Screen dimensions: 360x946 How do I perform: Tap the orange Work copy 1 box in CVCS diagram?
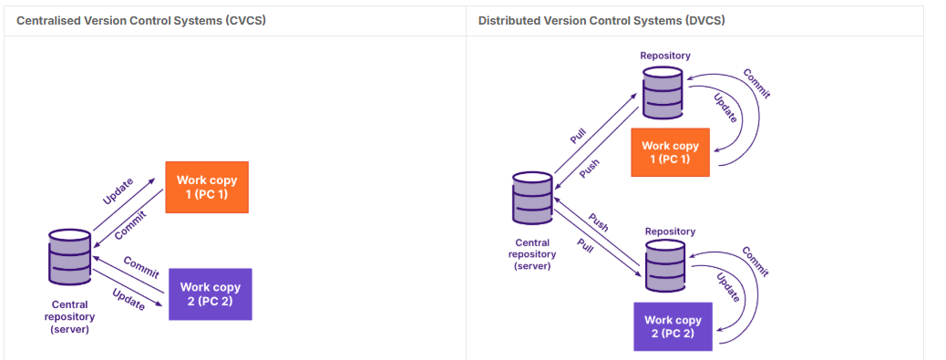(x=207, y=187)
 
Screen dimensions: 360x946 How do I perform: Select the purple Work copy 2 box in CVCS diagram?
(x=210, y=293)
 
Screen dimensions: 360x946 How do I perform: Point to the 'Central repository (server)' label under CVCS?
(x=70, y=317)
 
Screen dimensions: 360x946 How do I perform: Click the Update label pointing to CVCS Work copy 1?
(x=118, y=191)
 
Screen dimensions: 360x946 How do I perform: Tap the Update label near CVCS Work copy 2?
(x=129, y=299)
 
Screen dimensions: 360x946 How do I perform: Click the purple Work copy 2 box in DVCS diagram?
(x=673, y=326)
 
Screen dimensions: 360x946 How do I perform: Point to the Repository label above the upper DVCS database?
(x=665, y=56)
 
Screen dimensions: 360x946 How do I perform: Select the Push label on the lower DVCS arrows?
(x=598, y=222)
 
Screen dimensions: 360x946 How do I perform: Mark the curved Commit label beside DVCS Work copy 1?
(x=756, y=84)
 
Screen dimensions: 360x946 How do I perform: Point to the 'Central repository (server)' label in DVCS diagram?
(x=532, y=254)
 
